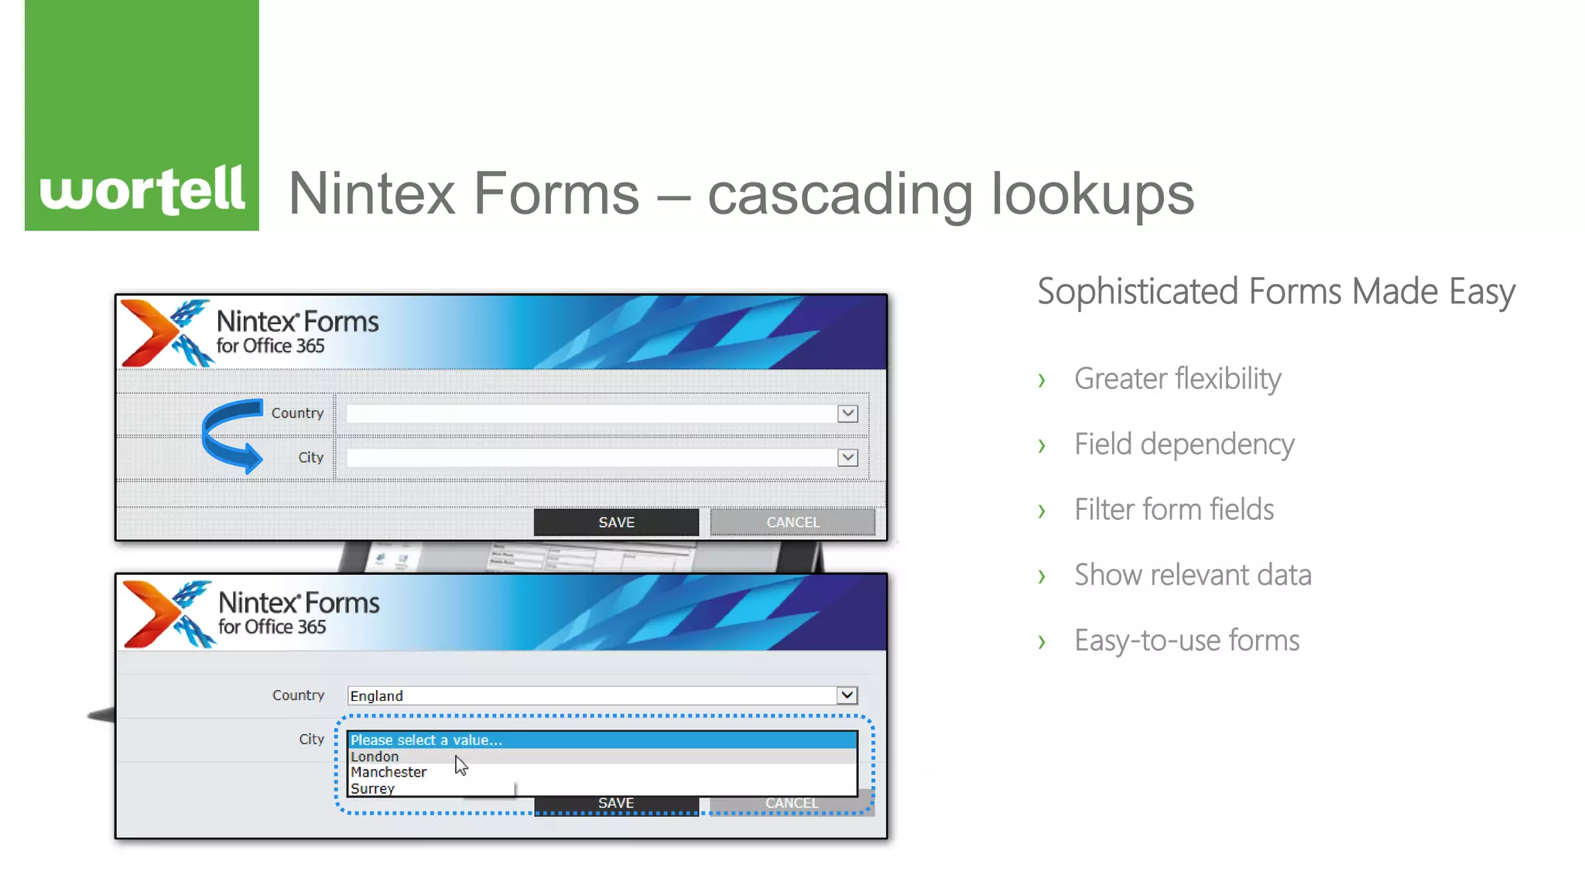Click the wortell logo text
(142, 190)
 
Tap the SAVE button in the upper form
(616, 522)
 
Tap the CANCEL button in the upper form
(792, 522)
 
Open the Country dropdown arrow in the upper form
(847, 413)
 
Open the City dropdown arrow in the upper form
(847, 457)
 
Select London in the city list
(375, 757)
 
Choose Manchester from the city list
(389, 772)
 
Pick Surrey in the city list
(372, 788)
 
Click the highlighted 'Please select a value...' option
(426, 740)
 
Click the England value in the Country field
(377, 695)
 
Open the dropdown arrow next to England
(847, 695)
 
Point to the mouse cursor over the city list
(460, 765)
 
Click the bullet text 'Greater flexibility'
(1177, 379)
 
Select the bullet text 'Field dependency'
(1184, 445)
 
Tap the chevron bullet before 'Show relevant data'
(1042, 576)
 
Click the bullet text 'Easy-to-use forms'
(1186, 641)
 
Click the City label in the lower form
(311, 739)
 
